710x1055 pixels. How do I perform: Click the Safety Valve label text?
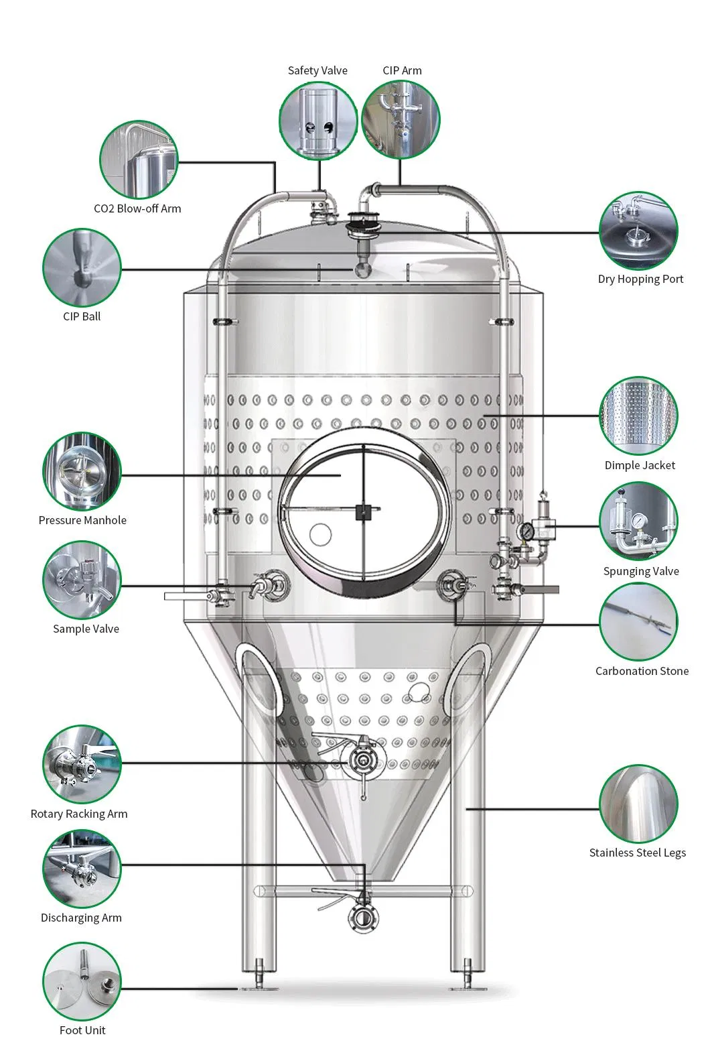317,70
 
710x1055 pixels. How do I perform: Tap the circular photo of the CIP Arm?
401,119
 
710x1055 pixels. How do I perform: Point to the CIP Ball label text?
82,316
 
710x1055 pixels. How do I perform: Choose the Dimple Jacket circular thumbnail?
638,416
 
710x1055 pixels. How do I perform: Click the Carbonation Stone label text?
642,671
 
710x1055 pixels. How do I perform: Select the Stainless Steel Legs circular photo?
638,804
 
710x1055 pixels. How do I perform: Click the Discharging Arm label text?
81,918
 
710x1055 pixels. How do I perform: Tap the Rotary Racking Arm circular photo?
82,764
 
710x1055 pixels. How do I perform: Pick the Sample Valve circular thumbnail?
82,580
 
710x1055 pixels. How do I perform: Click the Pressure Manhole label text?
82,520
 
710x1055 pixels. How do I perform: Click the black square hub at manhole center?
363,512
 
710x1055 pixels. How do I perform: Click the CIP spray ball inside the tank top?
362,268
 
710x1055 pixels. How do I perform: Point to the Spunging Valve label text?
641,571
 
